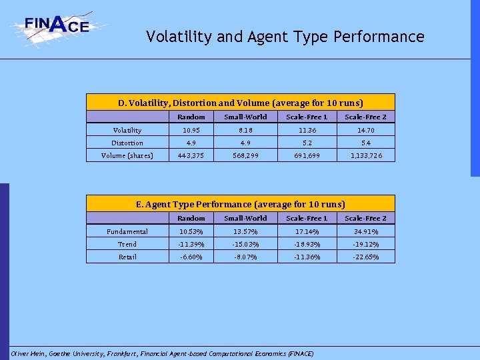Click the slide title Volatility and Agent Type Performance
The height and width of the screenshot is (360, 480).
pos(285,37)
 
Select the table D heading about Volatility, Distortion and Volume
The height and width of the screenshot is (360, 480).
pos(241,103)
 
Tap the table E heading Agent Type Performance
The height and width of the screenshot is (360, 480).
pos(241,204)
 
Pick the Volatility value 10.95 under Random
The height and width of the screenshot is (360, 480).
pos(191,131)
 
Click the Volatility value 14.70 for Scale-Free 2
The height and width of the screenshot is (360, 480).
pos(365,131)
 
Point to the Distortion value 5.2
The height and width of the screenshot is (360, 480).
pos(307,143)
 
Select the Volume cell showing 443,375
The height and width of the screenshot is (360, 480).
pos(191,156)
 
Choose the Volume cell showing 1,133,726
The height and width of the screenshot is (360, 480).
pos(365,156)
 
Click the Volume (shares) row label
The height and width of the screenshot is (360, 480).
pos(127,156)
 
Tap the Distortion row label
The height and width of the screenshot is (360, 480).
pos(127,143)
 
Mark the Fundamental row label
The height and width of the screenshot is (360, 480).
pos(127,232)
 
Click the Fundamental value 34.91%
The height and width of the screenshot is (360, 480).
pos(365,232)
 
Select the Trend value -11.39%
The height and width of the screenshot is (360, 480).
pos(191,245)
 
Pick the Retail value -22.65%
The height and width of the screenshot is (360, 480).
pos(365,257)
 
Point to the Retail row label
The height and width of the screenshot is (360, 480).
pos(127,257)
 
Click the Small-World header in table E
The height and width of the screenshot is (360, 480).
pos(245,219)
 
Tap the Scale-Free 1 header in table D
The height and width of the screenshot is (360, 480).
pos(307,117)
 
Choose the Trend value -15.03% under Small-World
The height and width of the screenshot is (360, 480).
pos(245,245)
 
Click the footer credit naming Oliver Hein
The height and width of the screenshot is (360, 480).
pos(162,353)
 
